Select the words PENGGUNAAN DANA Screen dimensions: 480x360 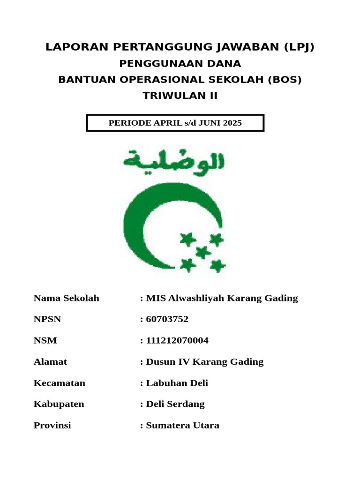(x=180, y=64)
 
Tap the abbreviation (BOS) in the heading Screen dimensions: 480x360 (x=285, y=80)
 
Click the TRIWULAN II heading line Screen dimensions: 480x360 (x=180, y=96)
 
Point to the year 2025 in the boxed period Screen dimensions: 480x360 (x=232, y=123)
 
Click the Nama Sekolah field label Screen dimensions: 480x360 (x=66, y=298)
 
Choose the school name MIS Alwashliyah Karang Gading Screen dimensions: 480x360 (x=222, y=298)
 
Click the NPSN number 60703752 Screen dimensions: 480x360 (x=167, y=319)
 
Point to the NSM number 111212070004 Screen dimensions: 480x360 (x=177, y=340)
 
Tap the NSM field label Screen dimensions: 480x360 (x=45, y=340)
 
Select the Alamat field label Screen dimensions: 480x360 (x=50, y=361)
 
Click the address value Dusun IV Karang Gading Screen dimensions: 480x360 (x=204, y=361)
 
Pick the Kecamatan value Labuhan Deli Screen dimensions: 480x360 (x=177, y=383)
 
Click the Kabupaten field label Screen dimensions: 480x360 (x=59, y=404)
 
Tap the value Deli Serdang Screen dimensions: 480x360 (x=175, y=404)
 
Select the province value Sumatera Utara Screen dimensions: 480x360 (x=182, y=426)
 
